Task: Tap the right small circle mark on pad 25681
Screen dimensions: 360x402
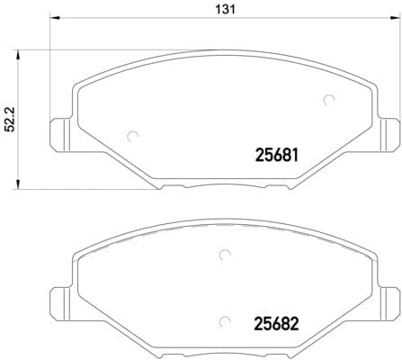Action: tap(328, 100)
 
